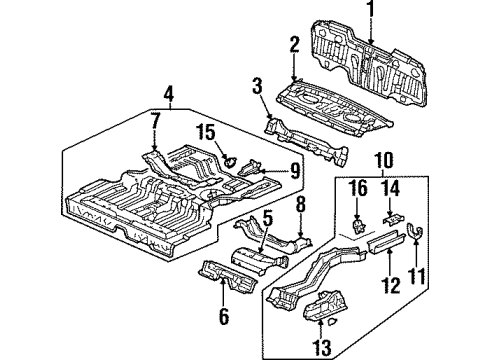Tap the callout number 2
pos(294,43)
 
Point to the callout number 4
pos(170,97)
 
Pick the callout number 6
pos(223,318)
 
